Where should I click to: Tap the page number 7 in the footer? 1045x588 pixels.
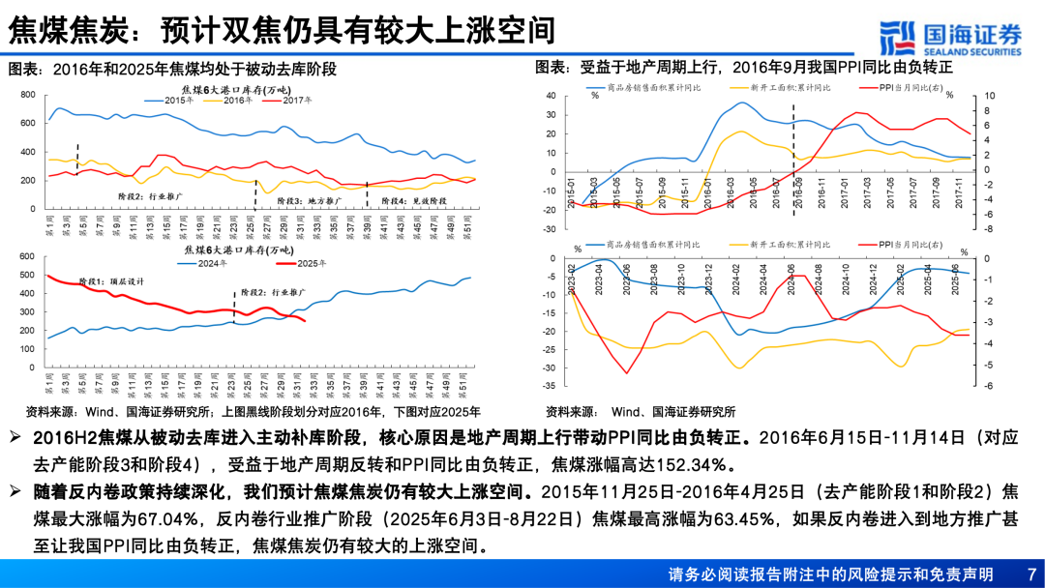point(1030,573)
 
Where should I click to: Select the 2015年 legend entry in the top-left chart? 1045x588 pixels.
point(178,100)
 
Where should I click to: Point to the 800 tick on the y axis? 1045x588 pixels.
point(27,95)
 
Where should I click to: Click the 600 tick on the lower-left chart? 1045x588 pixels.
point(27,256)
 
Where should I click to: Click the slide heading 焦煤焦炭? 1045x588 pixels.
point(66,31)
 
